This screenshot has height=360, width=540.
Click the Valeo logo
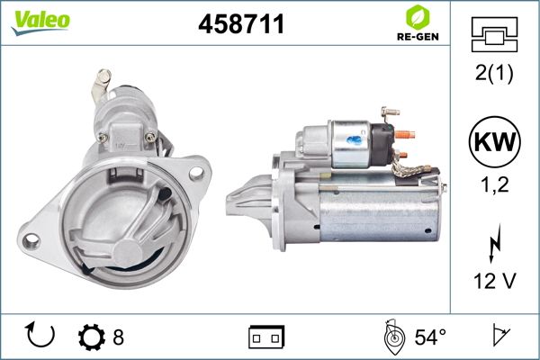40,22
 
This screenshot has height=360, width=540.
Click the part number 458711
241,23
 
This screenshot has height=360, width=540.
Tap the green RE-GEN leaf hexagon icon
418,17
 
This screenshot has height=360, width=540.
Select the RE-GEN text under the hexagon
418,37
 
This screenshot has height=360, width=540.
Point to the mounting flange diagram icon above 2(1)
494,34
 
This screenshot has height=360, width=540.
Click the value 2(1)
494,73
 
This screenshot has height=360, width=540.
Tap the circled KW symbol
494,141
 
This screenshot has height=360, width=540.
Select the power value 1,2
494,184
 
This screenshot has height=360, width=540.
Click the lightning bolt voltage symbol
494,243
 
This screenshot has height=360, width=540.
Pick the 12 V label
494,281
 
